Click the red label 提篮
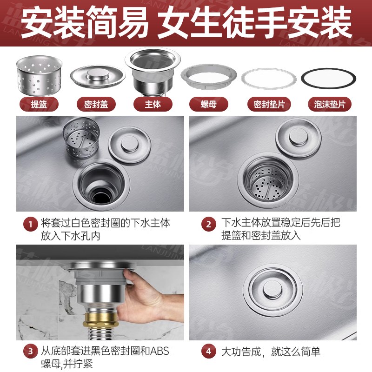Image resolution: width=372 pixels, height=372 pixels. [39, 104]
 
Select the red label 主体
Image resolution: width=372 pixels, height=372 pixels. [153, 104]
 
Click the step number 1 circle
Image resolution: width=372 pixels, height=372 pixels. [30, 224]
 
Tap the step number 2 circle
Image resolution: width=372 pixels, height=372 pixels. [208, 224]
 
